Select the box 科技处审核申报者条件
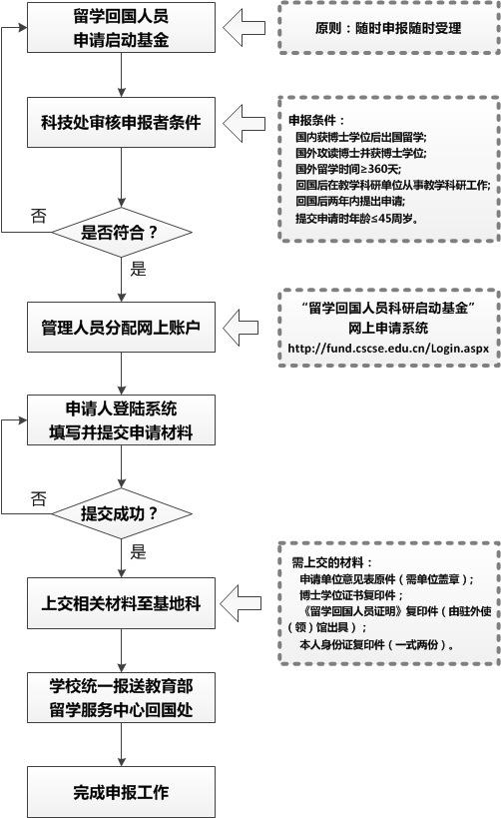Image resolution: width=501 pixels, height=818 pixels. pos(120,124)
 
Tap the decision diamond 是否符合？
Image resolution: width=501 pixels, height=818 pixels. pos(120,234)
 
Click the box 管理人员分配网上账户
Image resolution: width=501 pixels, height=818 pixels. pos(120,327)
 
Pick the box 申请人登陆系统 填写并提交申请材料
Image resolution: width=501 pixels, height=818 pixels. pos(120,420)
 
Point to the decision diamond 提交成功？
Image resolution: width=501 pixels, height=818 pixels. pos(120,514)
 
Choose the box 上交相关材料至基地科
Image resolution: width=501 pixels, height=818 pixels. pos(120,603)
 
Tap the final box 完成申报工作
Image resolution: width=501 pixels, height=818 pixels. pos(120,793)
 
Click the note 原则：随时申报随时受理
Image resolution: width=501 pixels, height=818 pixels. pos(386,29)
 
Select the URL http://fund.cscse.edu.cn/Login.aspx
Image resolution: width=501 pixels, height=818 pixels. pos(386,349)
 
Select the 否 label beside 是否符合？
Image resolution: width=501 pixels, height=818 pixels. pos(38,216)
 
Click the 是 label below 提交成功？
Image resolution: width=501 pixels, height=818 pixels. pos(138,550)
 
